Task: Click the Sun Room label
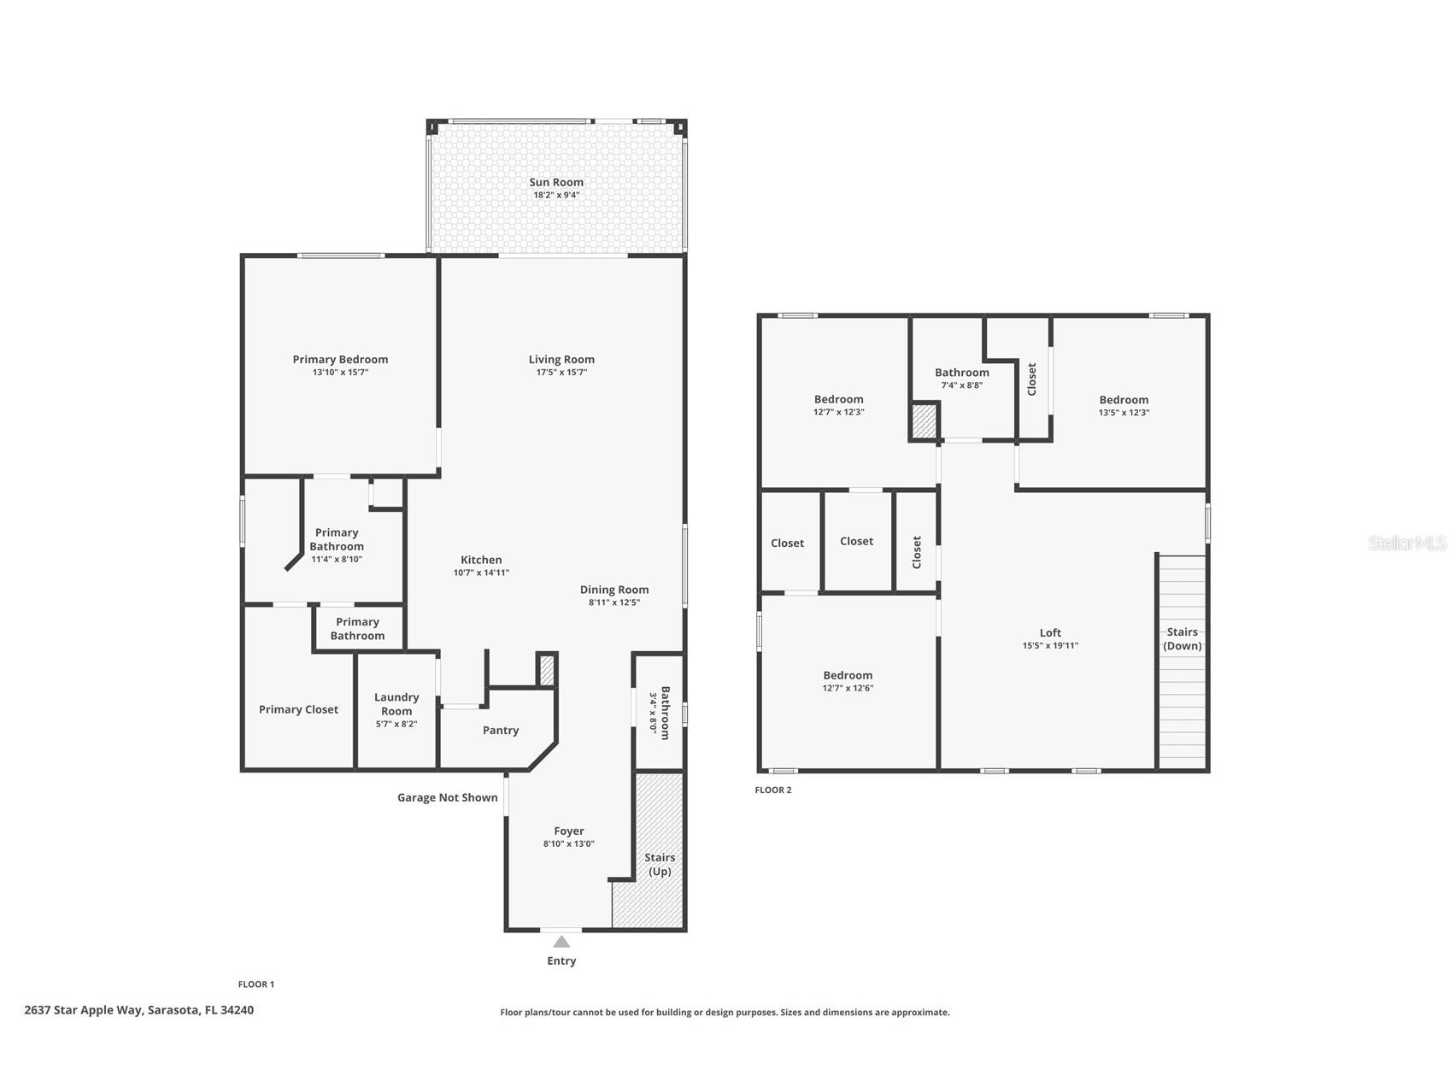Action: (556, 182)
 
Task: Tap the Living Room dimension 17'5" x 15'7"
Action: (561, 373)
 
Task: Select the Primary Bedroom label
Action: (340, 360)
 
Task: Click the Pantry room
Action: (501, 731)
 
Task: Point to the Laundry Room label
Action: (396, 704)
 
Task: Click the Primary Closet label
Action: (298, 709)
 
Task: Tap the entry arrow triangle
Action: (561, 942)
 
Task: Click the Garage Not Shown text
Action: (447, 797)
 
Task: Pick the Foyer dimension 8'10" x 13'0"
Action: (569, 844)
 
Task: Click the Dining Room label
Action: (614, 590)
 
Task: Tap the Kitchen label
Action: (481, 560)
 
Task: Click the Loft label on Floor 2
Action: (1050, 633)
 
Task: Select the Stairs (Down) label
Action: (1183, 639)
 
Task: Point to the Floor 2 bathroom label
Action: (962, 373)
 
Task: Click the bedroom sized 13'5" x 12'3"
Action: (1124, 406)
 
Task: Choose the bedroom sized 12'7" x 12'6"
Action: (848, 681)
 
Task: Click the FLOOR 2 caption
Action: (773, 790)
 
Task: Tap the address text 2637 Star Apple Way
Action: (138, 1010)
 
